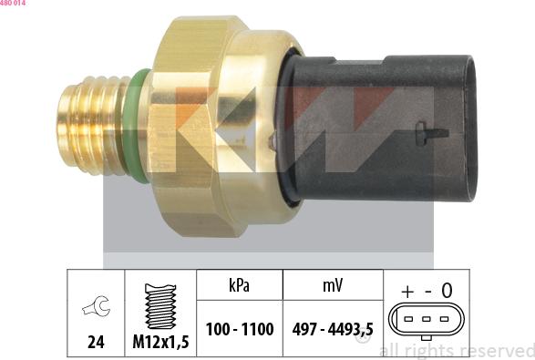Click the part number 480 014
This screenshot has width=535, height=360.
pyautogui.click(x=14, y=5)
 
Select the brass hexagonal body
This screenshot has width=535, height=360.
pyautogui.click(x=210, y=128)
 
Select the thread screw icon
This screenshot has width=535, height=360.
pyautogui.click(x=160, y=305)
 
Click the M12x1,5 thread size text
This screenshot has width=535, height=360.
pyautogui.click(x=160, y=344)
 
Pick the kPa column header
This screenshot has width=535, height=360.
pyautogui.click(x=239, y=285)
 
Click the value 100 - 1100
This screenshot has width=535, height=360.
pyautogui.click(x=239, y=329)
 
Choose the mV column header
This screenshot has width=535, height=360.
pyautogui.click(x=332, y=285)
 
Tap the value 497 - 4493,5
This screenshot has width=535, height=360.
pyautogui.click(x=332, y=329)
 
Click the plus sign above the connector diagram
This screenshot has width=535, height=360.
pyautogui.click(x=406, y=291)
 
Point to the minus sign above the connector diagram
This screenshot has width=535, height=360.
pyautogui.click(x=426, y=291)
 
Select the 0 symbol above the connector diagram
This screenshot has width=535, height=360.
pyautogui.click(x=447, y=291)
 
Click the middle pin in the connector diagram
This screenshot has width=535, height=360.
pyautogui.click(x=426, y=319)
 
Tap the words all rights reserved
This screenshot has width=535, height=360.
pyautogui.click(x=456, y=349)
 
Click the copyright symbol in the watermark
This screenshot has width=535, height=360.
pyautogui.click(x=363, y=346)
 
